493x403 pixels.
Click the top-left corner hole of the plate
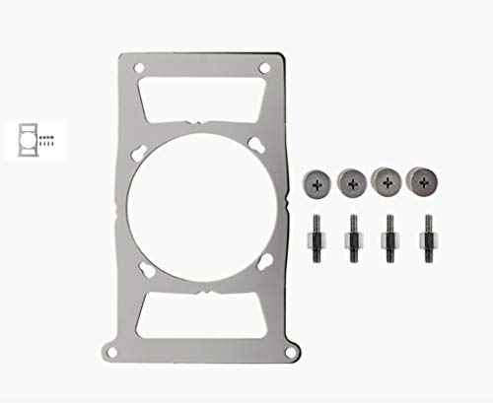click(138, 69)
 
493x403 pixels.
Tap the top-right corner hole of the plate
click(265, 69)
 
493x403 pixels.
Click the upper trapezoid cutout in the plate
click(202, 99)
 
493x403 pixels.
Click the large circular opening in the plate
click(202, 208)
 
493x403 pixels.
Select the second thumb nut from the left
click(352, 180)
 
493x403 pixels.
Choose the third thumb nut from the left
click(387, 180)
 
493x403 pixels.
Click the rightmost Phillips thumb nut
click(422, 180)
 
